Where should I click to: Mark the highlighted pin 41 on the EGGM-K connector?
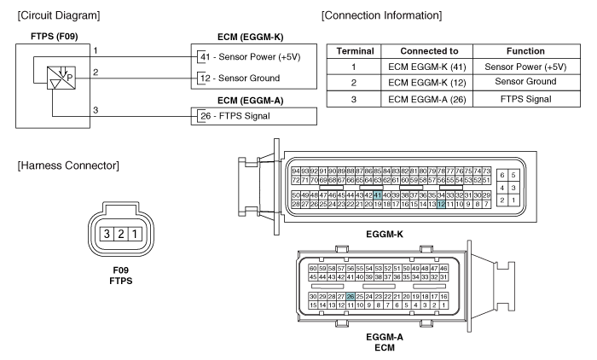click(x=400, y=195)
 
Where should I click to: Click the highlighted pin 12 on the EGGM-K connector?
click(x=441, y=204)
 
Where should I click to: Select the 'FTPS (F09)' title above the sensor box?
click(x=43, y=37)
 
